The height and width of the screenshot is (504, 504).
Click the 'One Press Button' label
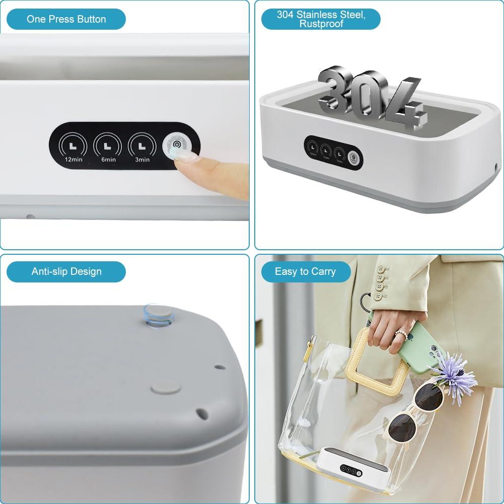point(66,20)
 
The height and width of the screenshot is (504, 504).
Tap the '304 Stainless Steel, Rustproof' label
point(321,19)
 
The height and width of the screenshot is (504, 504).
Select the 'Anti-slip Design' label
point(66,272)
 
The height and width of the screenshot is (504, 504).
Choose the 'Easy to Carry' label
point(305,272)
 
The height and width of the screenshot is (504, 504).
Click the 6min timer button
point(108,146)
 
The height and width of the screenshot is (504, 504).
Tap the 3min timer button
point(142,146)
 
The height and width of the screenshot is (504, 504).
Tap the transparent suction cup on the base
point(159,315)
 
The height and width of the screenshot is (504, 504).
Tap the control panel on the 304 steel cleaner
point(333,152)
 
